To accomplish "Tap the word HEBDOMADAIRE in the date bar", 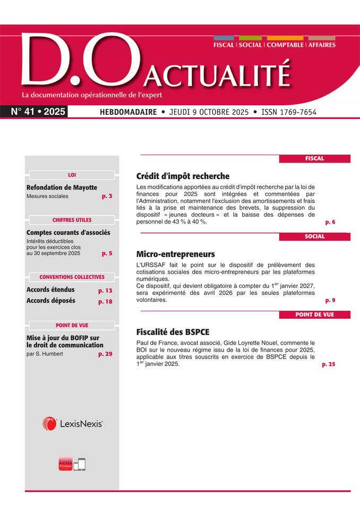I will (x=128, y=113).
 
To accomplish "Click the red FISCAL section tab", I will (x=314, y=158).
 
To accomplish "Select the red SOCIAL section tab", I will (x=314, y=236).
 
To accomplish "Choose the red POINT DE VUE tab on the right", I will (x=314, y=314).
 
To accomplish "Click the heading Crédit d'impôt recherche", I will (x=183, y=176).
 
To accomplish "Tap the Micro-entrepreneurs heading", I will (x=175, y=254).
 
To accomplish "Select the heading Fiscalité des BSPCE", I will (x=173, y=332).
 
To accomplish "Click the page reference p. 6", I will (x=330, y=222).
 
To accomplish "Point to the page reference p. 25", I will (x=328, y=364).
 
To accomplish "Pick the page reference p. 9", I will (x=330, y=300).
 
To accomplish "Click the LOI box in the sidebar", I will (x=72, y=174).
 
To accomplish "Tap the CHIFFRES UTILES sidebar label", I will (x=72, y=220).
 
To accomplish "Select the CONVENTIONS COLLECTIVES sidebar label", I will (x=72, y=277).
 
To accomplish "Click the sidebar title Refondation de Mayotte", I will (x=62, y=188).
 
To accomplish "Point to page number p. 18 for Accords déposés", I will (x=105, y=301).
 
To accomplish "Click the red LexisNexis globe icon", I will (x=49, y=423).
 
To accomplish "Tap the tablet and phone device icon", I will (x=79, y=464).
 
